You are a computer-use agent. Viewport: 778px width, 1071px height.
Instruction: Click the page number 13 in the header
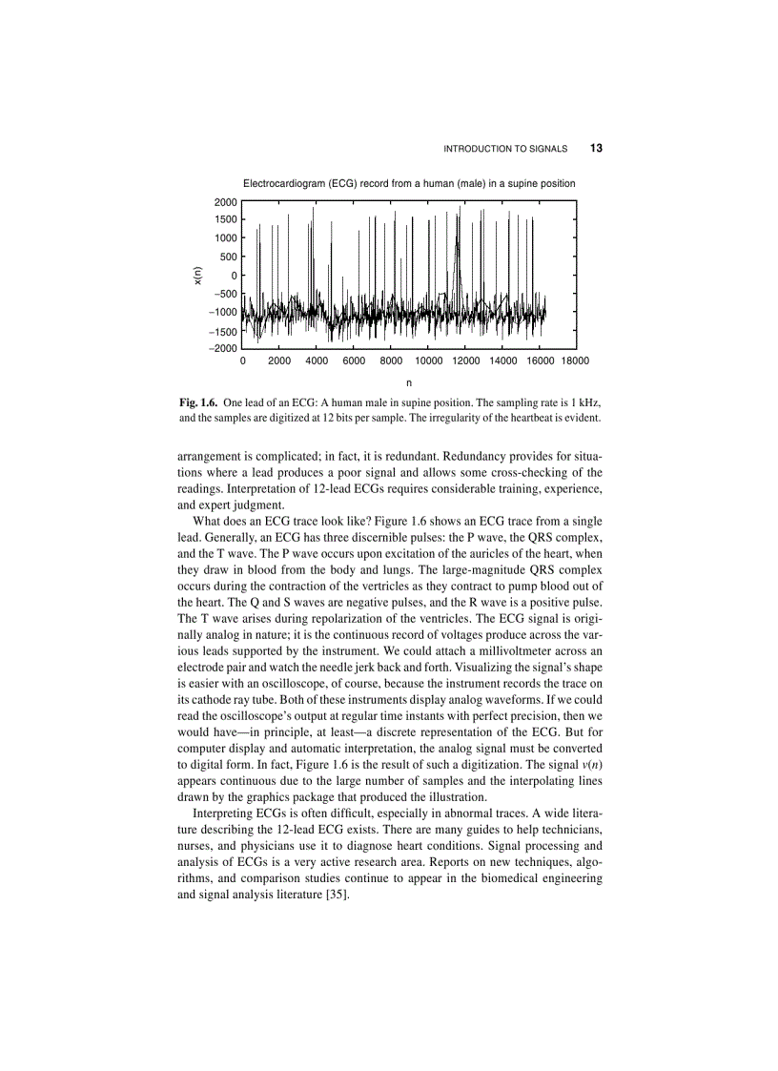pyautogui.click(x=596, y=149)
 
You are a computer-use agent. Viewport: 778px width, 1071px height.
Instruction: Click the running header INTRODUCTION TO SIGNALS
pyautogui.click(x=506, y=149)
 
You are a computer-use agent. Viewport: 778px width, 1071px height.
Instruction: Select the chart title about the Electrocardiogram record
pyautogui.click(x=409, y=182)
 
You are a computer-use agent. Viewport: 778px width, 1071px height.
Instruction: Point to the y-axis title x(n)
pyautogui.click(x=197, y=275)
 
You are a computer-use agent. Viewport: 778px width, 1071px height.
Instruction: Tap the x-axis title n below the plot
pyautogui.click(x=409, y=382)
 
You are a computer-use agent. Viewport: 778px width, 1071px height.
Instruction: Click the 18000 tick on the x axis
pyautogui.click(x=575, y=361)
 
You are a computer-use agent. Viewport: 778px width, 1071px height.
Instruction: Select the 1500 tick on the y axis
pyautogui.click(x=225, y=219)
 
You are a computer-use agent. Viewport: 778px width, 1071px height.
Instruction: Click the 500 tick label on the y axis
pyautogui.click(x=228, y=257)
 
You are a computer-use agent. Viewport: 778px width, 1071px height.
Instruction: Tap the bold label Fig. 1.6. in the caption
pyautogui.click(x=198, y=402)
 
